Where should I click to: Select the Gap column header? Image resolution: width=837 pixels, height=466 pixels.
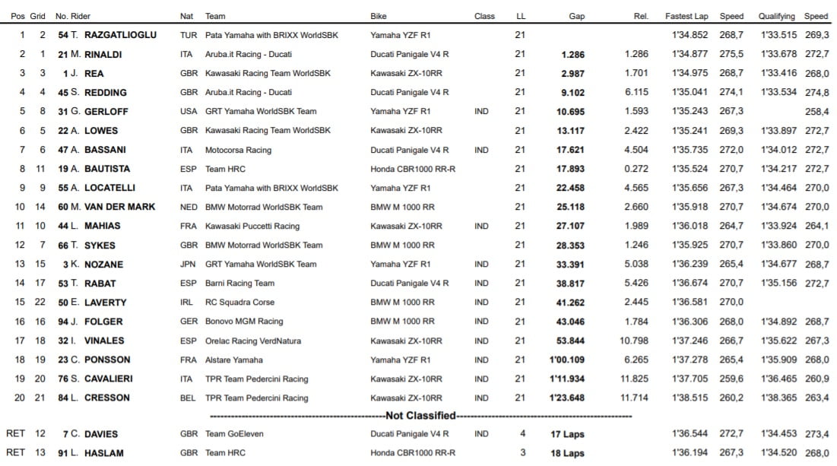pyautogui.click(x=576, y=16)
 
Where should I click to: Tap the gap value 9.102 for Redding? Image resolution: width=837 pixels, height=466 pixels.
pyautogui.click(x=572, y=92)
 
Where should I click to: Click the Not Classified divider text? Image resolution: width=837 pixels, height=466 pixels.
pyautogui.click(x=420, y=416)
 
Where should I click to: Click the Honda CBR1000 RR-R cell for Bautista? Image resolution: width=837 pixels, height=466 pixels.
pyautogui.click(x=413, y=169)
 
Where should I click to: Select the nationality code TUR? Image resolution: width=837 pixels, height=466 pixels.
pyautogui.click(x=188, y=35)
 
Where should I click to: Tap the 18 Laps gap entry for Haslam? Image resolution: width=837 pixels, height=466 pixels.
pyautogui.click(x=568, y=453)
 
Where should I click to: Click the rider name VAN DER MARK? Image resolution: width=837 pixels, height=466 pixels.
pyautogui.click(x=113, y=207)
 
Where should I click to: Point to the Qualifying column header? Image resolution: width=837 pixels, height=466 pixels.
pyautogui.click(x=776, y=16)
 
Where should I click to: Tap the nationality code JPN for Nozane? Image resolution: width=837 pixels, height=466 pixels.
pyautogui.click(x=187, y=265)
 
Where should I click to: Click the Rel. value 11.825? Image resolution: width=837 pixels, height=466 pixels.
pyautogui.click(x=635, y=379)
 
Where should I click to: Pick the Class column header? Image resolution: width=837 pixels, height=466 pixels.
pyautogui.click(x=484, y=16)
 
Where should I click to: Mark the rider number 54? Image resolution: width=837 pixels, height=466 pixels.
pyautogui.click(x=63, y=35)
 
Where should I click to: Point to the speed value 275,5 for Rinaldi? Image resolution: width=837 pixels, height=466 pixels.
pyautogui.click(x=731, y=54)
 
